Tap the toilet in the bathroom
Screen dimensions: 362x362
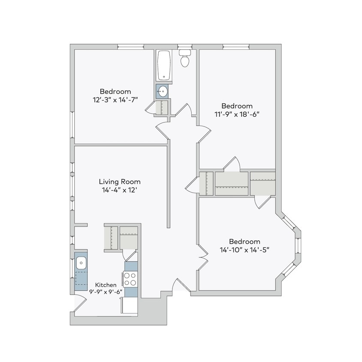tap(185, 59)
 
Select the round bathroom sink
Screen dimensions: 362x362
tap(163, 91)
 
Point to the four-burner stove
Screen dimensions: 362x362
tap(131, 279)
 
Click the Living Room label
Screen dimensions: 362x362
tap(120, 181)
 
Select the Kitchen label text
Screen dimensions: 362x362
tap(106, 285)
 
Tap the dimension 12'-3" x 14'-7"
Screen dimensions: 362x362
tap(115, 100)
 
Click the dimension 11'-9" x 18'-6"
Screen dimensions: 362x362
tap(237, 114)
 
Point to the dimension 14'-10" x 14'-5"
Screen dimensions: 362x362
tap(244, 249)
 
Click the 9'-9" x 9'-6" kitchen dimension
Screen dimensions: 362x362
tap(106, 292)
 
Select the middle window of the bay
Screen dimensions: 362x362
tap(299, 249)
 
